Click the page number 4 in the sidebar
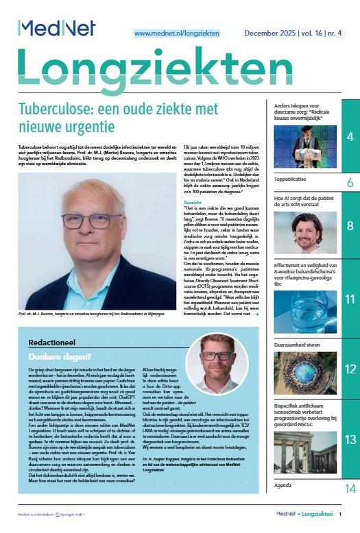pyautogui.click(x=350, y=138)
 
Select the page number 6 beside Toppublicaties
pyautogui.click(x=350, y=183)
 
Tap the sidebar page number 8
pyautogui.click(x=350, y=225)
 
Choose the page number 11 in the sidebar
pyautogui.click(x=350, y=299)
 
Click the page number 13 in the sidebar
pyautogui.click(x=350, y=439)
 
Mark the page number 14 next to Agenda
pyautogui.click(x=350, y=508)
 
